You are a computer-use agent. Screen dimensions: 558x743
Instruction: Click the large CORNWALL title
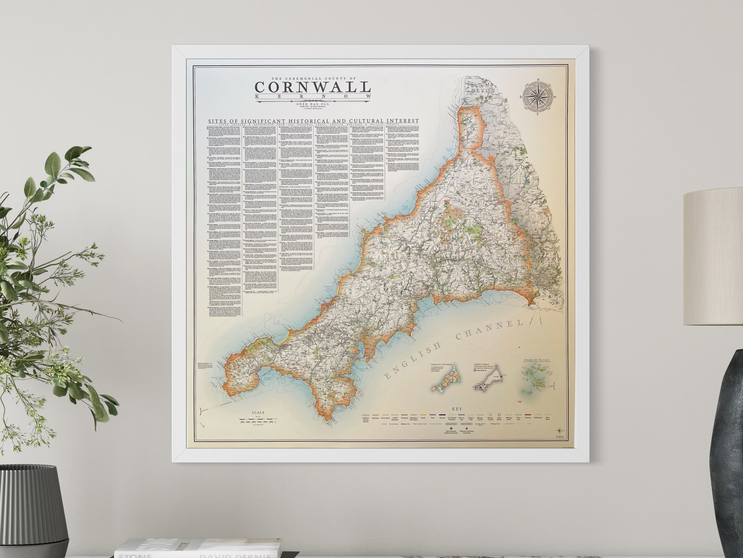313,87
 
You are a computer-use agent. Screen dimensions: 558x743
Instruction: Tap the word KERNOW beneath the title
313,97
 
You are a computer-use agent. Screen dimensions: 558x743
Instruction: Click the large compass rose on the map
538,97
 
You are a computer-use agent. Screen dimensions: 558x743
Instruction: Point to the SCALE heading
258,412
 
